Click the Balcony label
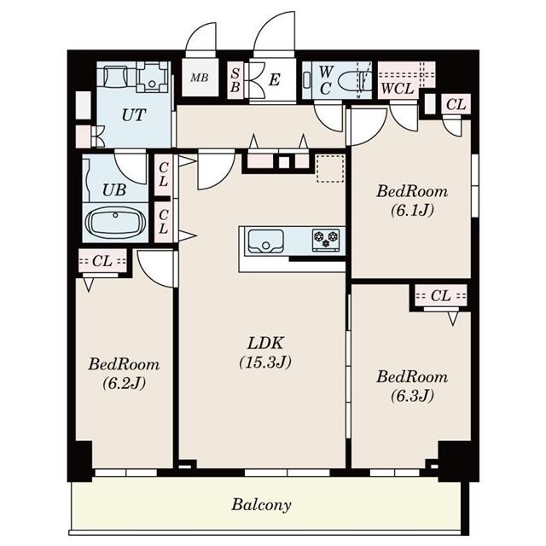[262, 504]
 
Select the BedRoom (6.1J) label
[412, 191]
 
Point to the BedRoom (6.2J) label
[124, 364]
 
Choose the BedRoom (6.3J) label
[412, 376]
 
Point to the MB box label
[199, 79]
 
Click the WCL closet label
[397, 87]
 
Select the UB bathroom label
[115, 189]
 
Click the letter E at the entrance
[274, 80]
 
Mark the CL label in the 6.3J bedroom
[440, 296]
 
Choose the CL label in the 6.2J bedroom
[102, 260]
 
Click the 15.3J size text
[265, 362]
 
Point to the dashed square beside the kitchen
[328, 168]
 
